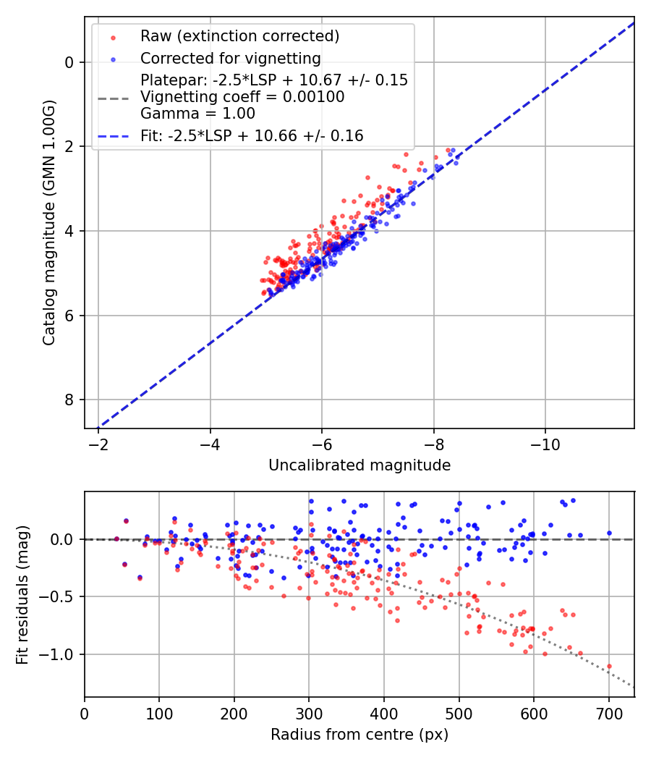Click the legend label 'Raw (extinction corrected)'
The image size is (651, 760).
(239, 36)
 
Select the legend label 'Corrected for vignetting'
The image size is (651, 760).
(230, 58)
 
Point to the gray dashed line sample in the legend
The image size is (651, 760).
(113, 97)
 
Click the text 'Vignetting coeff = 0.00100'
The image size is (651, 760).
(242, 97)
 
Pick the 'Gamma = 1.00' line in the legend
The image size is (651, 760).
(197, 114)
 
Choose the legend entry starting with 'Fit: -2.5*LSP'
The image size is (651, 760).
(252, 135)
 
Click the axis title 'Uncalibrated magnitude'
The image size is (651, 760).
(359, 465)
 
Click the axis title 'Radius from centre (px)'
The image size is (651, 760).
(359, 735)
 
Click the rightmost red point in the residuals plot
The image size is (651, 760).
(609, 666)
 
